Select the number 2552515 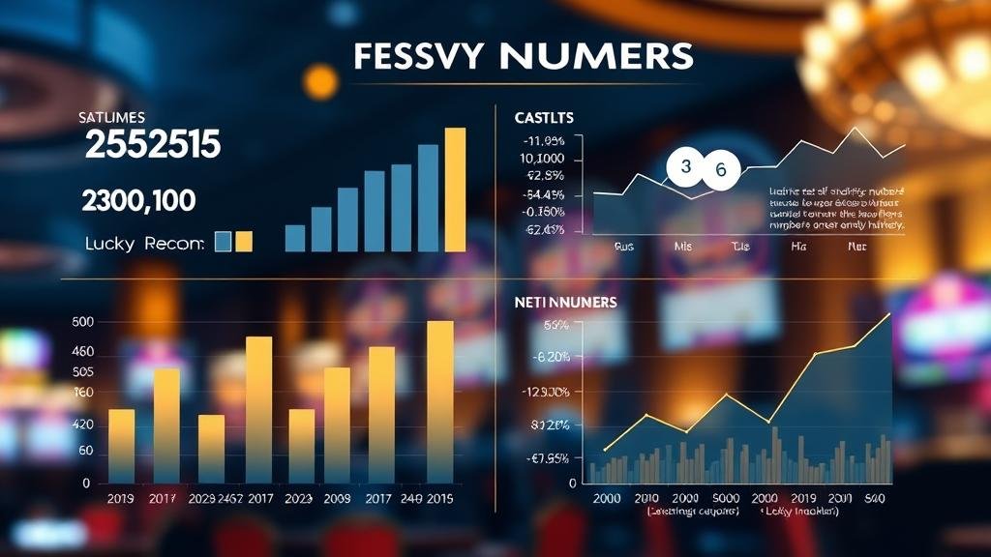coord(153,145)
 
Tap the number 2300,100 coord(139,201)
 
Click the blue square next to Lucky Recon coord(223,242)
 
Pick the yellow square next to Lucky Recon coord(244,242)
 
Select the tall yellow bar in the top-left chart coord(455,190)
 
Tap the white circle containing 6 coord(720,171)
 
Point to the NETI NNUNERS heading coord(564,303)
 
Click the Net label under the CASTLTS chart coord(856,247)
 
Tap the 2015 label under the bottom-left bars coord(439,500)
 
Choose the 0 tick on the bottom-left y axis coord(86,482)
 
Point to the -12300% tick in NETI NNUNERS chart coord(545,392)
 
